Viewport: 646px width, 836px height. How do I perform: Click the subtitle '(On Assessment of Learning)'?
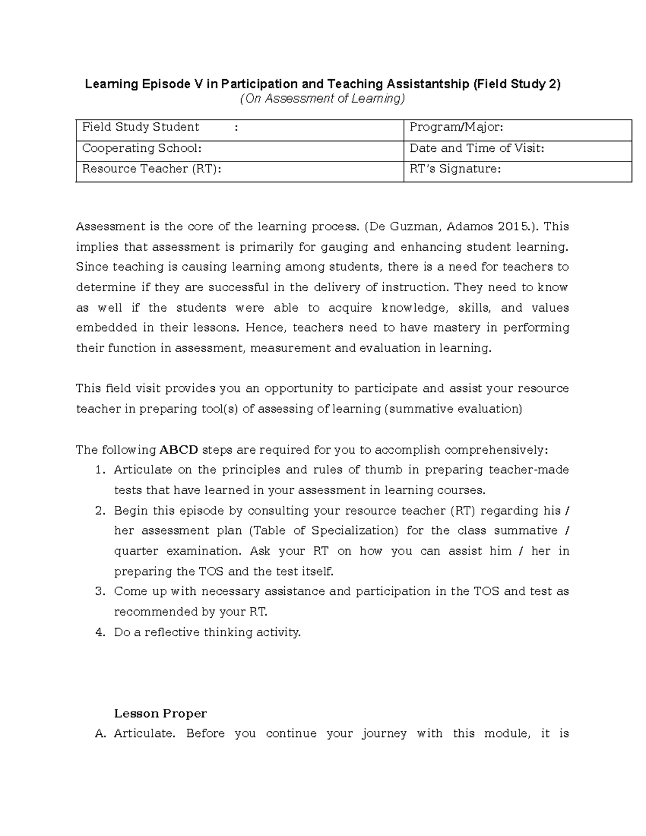[322, 99]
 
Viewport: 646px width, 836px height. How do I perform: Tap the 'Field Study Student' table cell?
[141, 128]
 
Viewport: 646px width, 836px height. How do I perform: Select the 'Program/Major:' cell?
[456, 128]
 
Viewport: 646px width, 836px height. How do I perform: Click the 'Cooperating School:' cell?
[142, 149]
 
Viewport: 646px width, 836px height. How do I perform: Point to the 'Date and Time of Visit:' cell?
[476, 149]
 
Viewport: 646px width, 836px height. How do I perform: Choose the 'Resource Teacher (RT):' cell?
[151, 169]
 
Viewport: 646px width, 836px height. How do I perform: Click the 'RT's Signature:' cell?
[455, 169]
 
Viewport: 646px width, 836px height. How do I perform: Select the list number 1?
[99, 470]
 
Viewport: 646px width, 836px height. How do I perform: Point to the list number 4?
[99, 633]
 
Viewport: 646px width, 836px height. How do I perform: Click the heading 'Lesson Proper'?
[160, 714]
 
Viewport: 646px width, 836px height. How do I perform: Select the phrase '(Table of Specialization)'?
[324, 531]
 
